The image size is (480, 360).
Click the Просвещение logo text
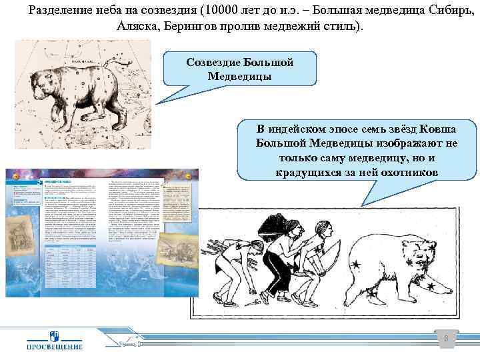click(55, 346)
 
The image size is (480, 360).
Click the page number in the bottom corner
click(446, 339)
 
